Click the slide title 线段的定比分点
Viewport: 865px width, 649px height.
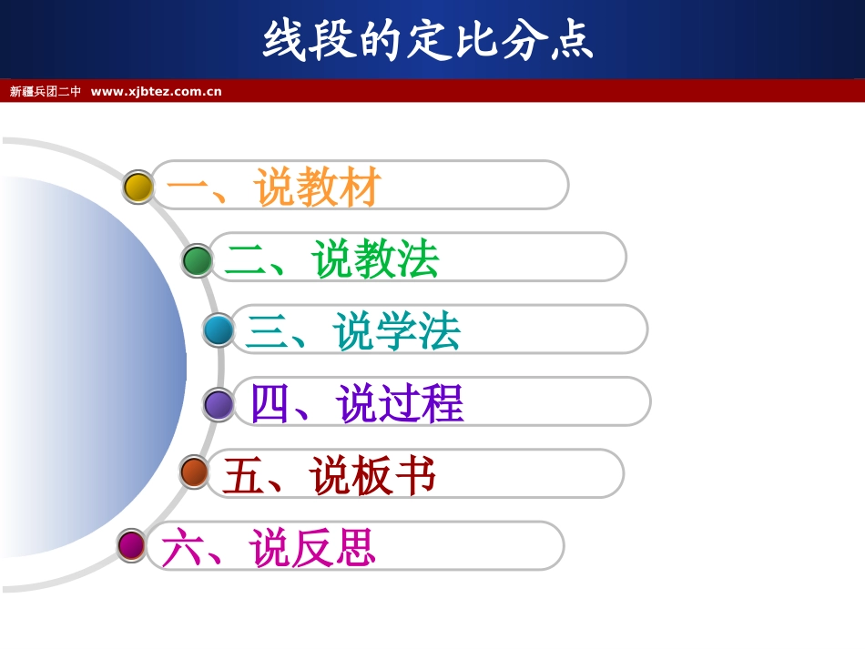(429, 40)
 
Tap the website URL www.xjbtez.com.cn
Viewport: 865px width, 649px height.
(156, 91)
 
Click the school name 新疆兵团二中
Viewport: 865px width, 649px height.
(46, 91)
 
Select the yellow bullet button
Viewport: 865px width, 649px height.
(138, 187)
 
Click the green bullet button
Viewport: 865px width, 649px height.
(197, 260)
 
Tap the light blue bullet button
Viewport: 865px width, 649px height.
(219, 330)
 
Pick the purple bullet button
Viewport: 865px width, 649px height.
(219, 404)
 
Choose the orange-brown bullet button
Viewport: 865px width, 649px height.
(195, 472)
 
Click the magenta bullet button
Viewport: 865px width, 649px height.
(132, 545)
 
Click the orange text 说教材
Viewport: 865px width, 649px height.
(318, 188)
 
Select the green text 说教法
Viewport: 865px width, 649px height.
(375, 259)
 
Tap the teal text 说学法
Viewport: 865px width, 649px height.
(397, 331)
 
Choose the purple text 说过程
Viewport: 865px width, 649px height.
(400, 403)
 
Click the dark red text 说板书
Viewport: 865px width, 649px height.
(372, 475)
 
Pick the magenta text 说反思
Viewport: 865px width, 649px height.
(312, 548)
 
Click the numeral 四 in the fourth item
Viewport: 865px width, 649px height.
(270, 403)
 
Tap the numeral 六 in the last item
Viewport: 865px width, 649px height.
(182, 548)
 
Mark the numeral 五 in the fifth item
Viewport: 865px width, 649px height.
(243, 475)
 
